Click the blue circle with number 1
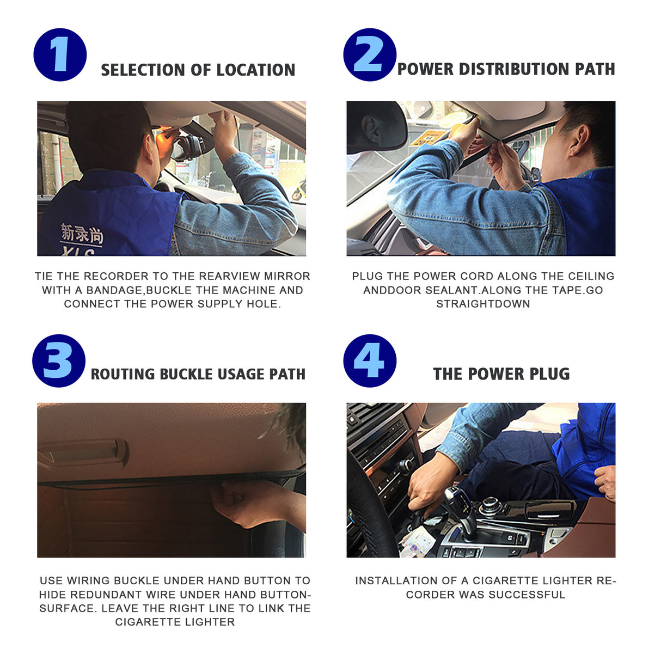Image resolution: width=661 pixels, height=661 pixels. point(60,55)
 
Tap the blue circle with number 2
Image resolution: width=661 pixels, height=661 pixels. point(370,55)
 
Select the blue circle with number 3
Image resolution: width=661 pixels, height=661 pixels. point(59,361)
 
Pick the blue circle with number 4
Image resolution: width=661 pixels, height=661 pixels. point(370,361)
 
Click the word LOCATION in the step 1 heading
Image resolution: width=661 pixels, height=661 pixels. point(255,70)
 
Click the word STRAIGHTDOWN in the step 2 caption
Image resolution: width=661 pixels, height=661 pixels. point(483,304)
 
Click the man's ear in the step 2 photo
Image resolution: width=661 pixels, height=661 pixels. point(578,140)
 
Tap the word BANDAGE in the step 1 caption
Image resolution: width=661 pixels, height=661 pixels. point(114,290)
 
